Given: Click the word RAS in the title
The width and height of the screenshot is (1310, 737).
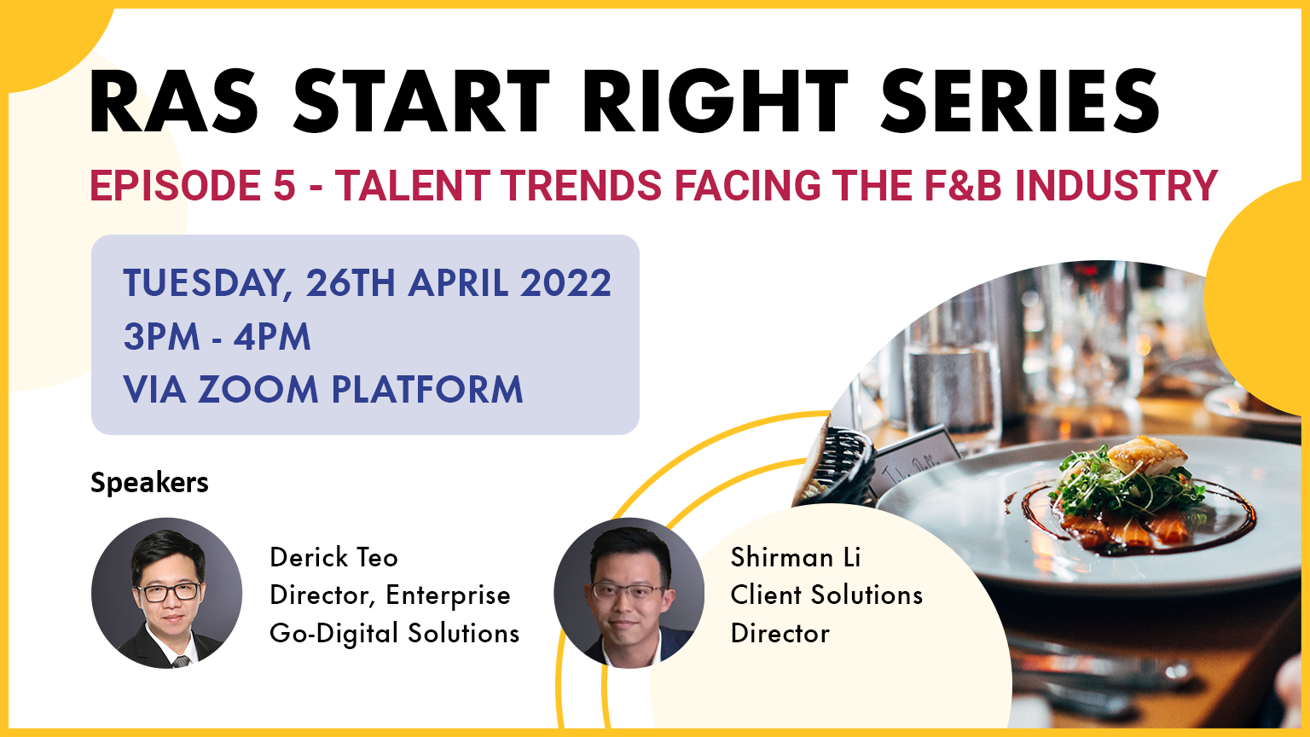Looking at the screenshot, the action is pyautogui.click(x=174, y=102).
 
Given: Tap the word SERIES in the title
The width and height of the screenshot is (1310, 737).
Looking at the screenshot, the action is pyautogui.click(x=1019, y=102).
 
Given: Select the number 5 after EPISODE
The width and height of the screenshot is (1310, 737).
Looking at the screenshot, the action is pyautogui.click(x=285, y=185).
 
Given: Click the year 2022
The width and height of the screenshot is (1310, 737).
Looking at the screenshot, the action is pyautogui.click(x=565, y=283).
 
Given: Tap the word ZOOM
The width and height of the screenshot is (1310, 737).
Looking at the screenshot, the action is pyautogui.click(x=258, y=390).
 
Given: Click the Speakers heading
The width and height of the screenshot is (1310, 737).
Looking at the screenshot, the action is pyautogui.click(x=150, y=483).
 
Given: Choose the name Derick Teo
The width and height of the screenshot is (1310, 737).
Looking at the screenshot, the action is pyautogui.click(x=334, y=557).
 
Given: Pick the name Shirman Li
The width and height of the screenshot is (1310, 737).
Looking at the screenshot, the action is pyautogui.click(x=796, y=557).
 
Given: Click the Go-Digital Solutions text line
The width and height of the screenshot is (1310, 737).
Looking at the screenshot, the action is pyautogui.click(x=395, y=634).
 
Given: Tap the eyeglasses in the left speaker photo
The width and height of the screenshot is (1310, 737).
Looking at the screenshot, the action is pyautogui.click(x=168, y=592).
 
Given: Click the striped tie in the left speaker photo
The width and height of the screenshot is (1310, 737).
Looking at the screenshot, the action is pyautogui.click(x=181, y=662).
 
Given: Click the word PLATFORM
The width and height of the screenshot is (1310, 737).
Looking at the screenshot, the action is pyautogui.click(x=427, y=390).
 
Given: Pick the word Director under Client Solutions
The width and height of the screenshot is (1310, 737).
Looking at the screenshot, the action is pyautogui.click(x=780, y=634).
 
